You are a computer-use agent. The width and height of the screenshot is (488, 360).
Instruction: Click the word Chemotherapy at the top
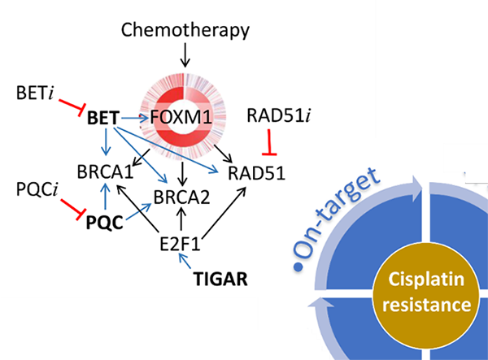point(185,30)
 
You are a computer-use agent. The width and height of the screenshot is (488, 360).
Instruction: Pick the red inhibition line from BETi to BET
point(71,106)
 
